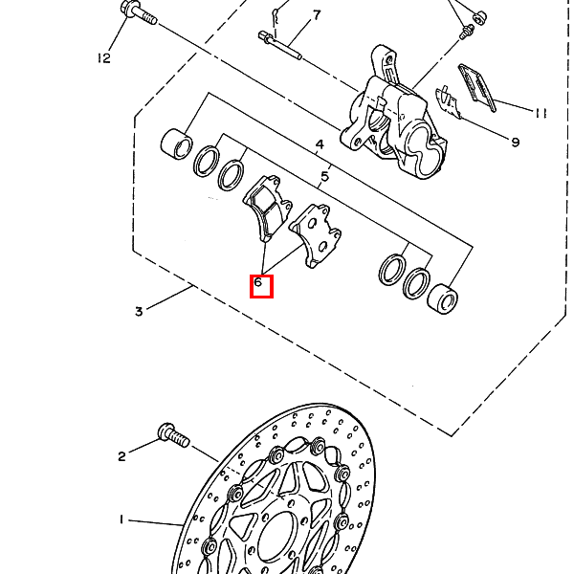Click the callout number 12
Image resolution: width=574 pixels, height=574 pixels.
coord(104,57)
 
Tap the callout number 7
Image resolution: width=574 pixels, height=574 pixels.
coord(317,15)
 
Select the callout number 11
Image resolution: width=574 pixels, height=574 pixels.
coord(541,113)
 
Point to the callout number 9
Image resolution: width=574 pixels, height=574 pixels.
coord(515,142)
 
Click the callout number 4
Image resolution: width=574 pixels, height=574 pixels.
coord(320,144)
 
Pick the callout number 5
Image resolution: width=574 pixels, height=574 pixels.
coord(324,176)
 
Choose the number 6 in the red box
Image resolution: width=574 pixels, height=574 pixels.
coord(258,282)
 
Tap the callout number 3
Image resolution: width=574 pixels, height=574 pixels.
coord(139,312)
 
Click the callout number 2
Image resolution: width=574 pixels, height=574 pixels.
coord(121,456)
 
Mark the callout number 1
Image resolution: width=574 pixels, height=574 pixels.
coord(121,519)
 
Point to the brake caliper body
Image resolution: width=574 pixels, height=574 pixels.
coord(393,117)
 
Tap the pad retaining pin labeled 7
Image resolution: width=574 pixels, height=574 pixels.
coord(280,45)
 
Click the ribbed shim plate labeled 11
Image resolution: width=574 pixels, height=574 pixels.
coord(477,88)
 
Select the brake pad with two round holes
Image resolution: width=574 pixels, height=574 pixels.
coord(316,235)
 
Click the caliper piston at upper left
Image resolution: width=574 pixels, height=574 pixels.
coord(176,143)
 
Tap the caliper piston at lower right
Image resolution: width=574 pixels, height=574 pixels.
coord(443,298)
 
